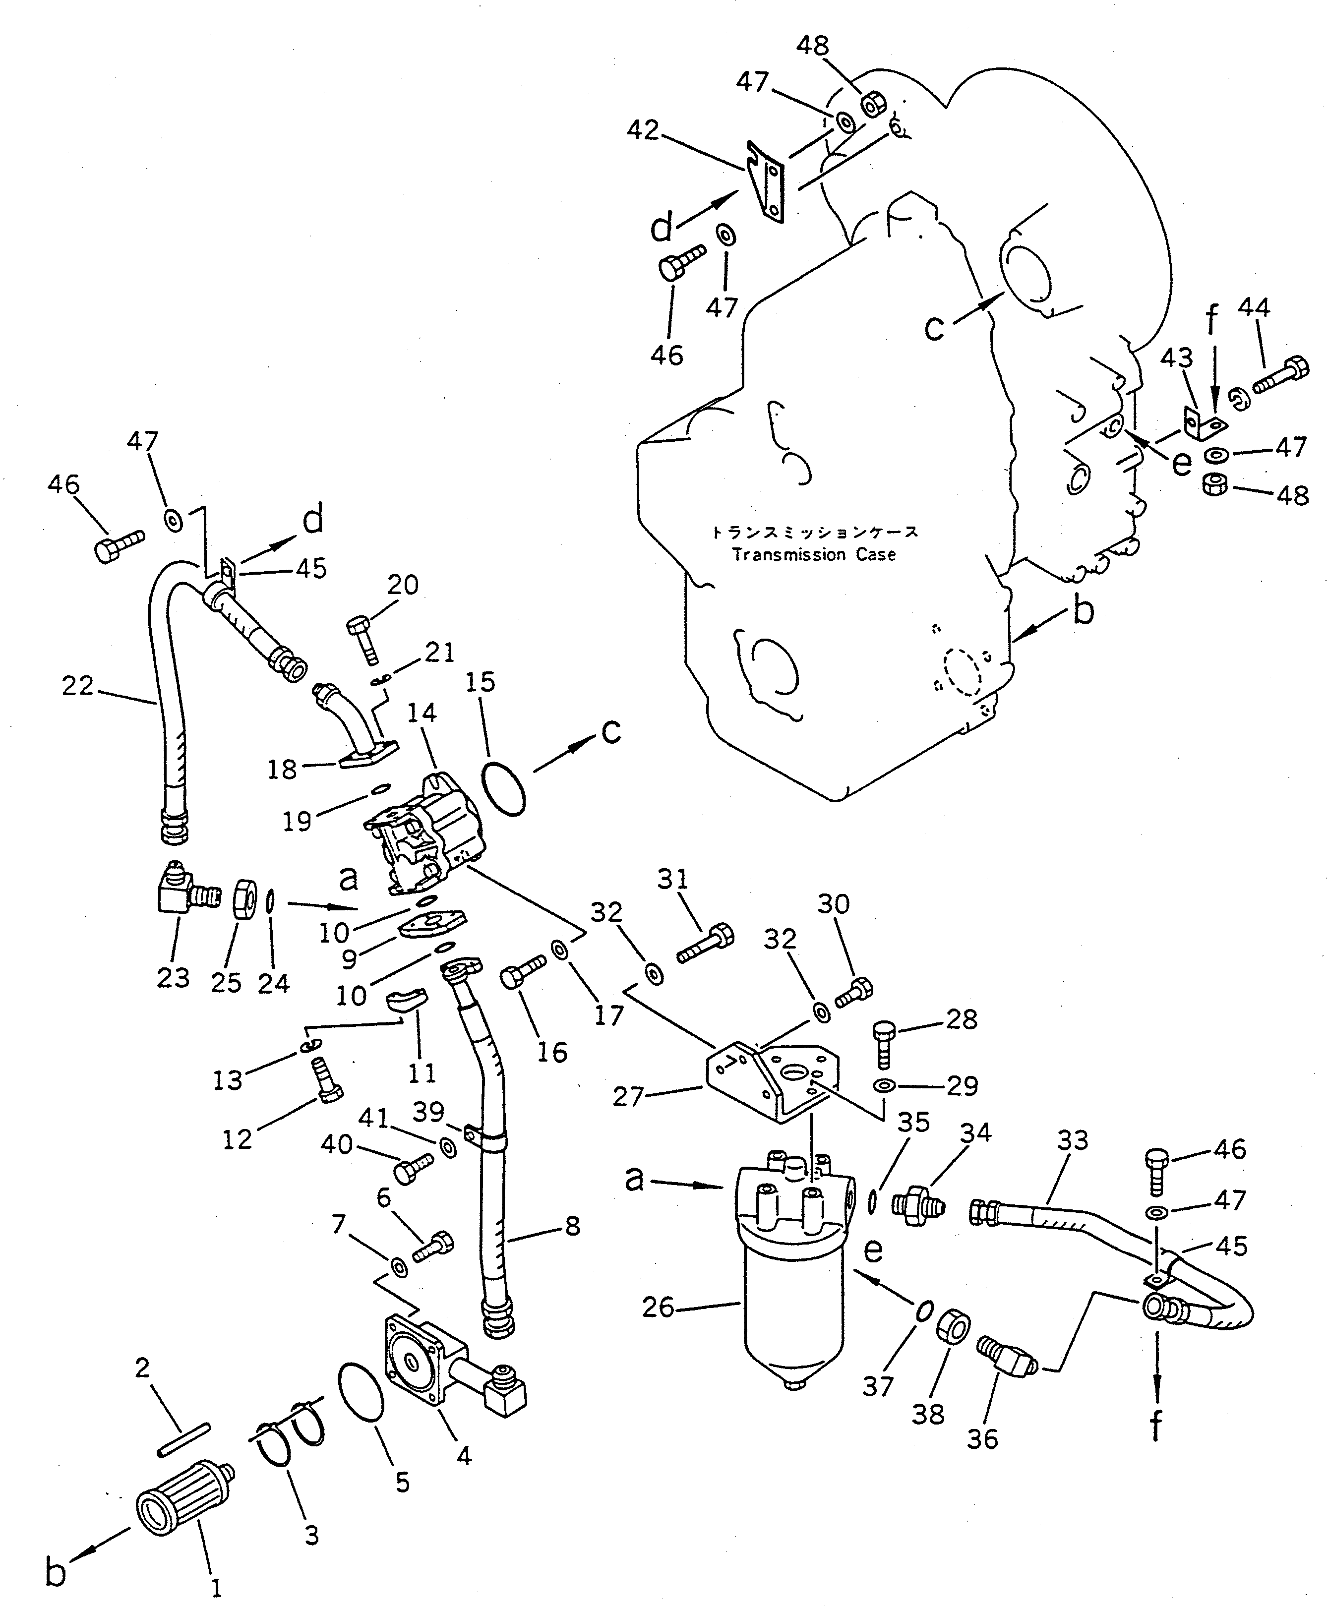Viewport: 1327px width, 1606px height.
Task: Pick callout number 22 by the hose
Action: (78, 686)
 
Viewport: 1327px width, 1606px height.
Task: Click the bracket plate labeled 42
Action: (767, 183)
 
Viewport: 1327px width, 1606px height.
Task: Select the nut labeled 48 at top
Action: (872, 105)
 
